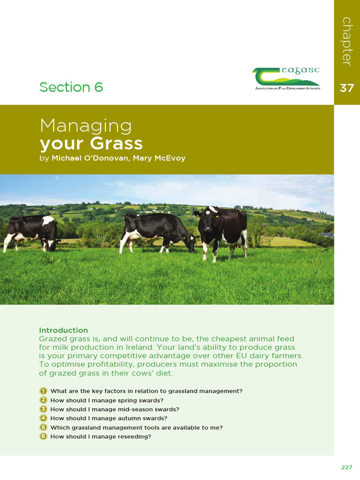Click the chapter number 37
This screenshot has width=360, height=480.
click(347, 88)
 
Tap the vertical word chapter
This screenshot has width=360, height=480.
click(347, 41)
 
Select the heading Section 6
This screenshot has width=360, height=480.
click(71, 87)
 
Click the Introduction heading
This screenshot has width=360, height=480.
click(63, 330)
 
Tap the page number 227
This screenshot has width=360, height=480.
click(346, 467)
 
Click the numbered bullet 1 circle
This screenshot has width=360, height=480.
click(43, 391)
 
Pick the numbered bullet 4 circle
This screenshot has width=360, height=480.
click(43, 418)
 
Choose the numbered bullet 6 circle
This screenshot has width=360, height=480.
click(43, 436)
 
